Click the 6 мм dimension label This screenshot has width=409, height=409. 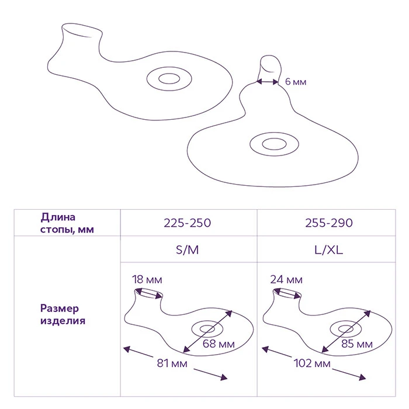[296, 82]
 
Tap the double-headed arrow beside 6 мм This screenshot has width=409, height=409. [268, 82]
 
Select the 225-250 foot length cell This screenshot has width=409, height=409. [188, 223]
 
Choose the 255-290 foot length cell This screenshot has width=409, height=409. [329, 223]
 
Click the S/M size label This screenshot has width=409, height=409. [188, 250]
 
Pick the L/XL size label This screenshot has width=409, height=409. [328, 250]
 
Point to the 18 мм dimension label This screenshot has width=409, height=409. [147, 280]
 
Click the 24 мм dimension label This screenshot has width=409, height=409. [286, 280]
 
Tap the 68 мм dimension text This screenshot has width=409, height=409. [219, 344]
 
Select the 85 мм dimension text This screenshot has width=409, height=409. [357, 344]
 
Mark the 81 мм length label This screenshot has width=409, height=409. [172, 363]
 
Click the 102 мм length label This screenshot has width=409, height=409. [312, 363]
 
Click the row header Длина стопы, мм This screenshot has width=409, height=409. [67, 223]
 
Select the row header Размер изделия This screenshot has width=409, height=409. [63, 314]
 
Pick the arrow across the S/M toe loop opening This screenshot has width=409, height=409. [149, 294]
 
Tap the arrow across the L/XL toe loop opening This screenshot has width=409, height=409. [287, 294]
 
